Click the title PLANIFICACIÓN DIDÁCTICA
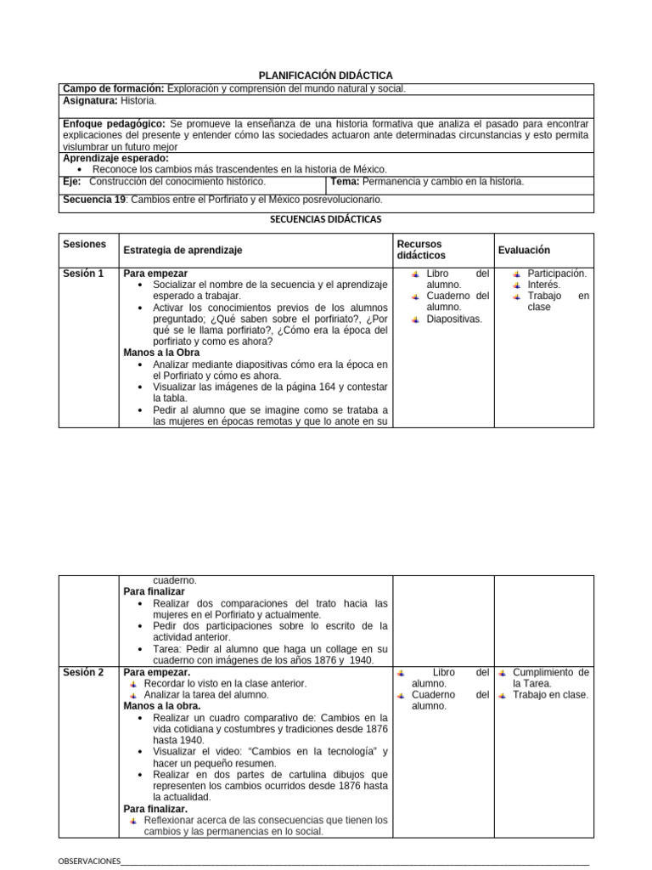pos(326,76)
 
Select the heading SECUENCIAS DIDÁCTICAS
pos(326,219)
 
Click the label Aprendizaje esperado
pos(116,158)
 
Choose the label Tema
pos(345,181)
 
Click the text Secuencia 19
pos(93,200)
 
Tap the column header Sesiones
pos(85,244)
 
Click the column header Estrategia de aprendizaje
pos(183,250)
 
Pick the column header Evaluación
pos(524,250)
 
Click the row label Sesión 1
pos(83,274)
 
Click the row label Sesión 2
pos(83,672)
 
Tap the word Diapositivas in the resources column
pos(454,319)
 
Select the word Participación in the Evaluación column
pos(556,274)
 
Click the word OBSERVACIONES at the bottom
pos(88,860)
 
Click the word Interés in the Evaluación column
pos(543,285)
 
